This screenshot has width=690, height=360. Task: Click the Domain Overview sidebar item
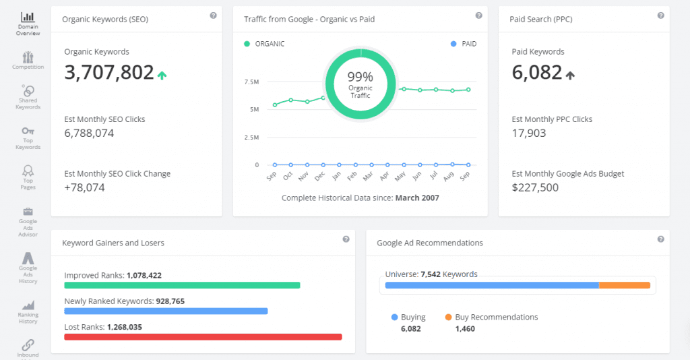(x=28, y=23)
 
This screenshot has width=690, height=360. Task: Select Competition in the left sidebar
(x=28, y=59)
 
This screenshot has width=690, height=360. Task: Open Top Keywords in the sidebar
(x=28, y=138)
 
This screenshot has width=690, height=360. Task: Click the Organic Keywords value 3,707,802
(x=109, y=73)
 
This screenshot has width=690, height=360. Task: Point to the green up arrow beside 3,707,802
(x=162, y=76)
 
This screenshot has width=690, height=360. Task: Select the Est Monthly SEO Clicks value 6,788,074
(x=89, y=133)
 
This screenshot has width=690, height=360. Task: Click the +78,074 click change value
(x=84, y=187)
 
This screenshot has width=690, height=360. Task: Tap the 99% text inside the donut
(x=360, y=77)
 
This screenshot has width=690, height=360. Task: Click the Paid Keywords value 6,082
(x=537, y=73)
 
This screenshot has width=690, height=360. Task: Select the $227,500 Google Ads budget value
(x=535, y=187)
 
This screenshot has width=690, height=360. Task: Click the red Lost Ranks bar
(x=203, y=337)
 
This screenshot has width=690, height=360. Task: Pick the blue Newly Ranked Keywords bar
(x=166, y=311)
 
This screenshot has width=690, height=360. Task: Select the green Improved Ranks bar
(x=182, y=285)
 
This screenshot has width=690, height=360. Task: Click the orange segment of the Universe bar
(x=625, y=285)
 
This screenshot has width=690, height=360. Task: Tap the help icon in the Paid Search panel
(x=660, y=16)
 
